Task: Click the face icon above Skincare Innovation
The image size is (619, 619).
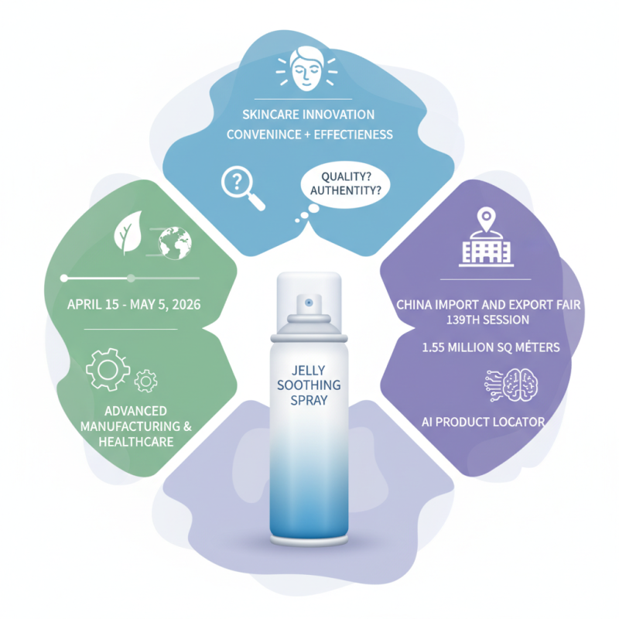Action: [x=309, y=68]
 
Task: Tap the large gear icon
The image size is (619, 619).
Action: [x=108, y=368]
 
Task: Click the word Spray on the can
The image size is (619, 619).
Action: [x=309, y=402]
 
